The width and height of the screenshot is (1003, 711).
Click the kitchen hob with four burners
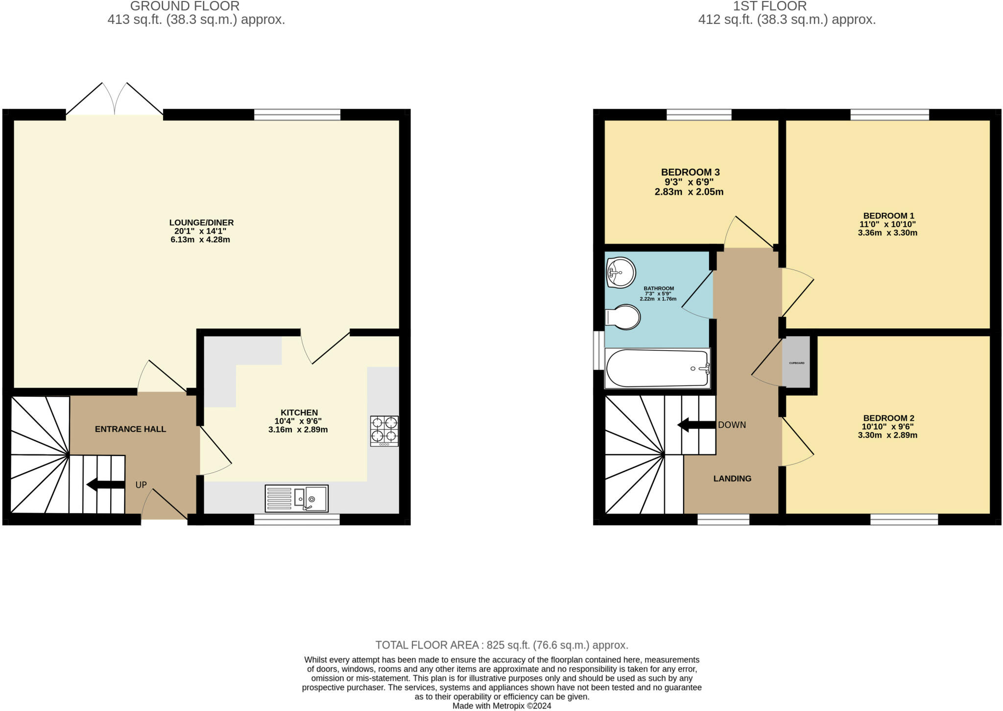coord(384,431)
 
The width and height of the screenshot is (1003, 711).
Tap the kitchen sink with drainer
coord(296,498)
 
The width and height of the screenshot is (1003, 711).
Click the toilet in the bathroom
coord(623,318)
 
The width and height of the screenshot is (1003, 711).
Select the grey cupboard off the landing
coord(796,363)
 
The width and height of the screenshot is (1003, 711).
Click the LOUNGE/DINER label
coord(201,223)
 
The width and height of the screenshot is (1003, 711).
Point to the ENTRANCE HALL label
coord(130,429)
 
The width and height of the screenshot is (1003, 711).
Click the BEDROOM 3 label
coord(690,172)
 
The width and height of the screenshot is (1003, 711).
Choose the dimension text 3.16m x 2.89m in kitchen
coord(298,430)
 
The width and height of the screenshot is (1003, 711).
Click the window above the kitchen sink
coord(297,520)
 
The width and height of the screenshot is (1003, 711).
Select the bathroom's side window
coord(598,350)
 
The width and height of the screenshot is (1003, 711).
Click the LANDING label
coord(732,479)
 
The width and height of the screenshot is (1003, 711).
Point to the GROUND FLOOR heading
coord(185,6)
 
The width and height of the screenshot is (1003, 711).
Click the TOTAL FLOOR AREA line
coord(501,645)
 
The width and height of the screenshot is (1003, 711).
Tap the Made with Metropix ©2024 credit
coord(501,706)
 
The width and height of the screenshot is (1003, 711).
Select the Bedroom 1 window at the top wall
coord(889,115)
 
